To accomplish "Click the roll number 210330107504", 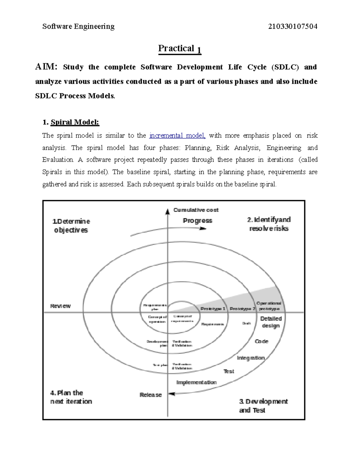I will (292, 26).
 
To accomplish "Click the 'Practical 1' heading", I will (179, 49).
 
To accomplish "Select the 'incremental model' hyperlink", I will (177, 135).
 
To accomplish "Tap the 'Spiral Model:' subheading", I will (74, 122).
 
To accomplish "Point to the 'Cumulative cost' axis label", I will (196, 210).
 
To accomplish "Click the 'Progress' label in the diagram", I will (197, 221).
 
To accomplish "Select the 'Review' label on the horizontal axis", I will (60, 306).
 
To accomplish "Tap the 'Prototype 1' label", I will (213, 309).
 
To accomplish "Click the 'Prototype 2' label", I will (242, 309).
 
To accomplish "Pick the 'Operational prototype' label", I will (269, 306).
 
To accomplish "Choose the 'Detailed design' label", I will (271, 322).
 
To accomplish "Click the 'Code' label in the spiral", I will (261, 341).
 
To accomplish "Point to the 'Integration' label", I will (250, 358).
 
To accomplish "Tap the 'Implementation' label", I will (196, 382).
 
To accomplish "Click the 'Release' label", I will (151, 395).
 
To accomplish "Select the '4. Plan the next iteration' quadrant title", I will (71, 397).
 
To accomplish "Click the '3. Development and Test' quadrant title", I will (263, 406).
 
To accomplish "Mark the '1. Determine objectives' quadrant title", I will (71, 226).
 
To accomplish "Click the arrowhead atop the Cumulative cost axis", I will (168, 212).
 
